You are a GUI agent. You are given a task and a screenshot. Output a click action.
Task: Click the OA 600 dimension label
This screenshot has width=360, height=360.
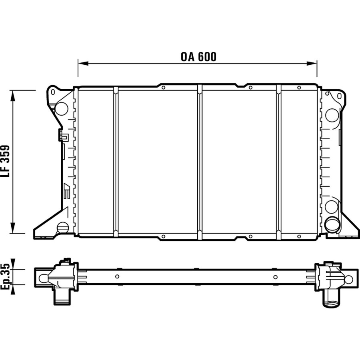[x=198, y=57]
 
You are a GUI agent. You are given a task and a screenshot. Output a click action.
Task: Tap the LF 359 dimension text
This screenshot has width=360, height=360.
[x=5, y=161]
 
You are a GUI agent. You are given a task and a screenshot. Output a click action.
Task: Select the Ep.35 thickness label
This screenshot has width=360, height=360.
[x=5, y=276]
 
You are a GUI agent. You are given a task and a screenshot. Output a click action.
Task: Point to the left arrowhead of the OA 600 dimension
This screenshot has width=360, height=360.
[x=83, y=64]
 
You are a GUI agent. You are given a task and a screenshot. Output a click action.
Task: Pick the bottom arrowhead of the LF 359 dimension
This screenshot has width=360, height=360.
[x=13, y=228]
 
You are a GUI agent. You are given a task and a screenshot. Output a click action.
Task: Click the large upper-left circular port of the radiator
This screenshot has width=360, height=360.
[x=62, y=108]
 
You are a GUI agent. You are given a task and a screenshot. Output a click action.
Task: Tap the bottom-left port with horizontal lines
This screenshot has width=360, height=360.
[x=63, y=228]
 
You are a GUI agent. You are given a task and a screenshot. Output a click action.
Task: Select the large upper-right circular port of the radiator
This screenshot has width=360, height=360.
[x=332, y=115]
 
